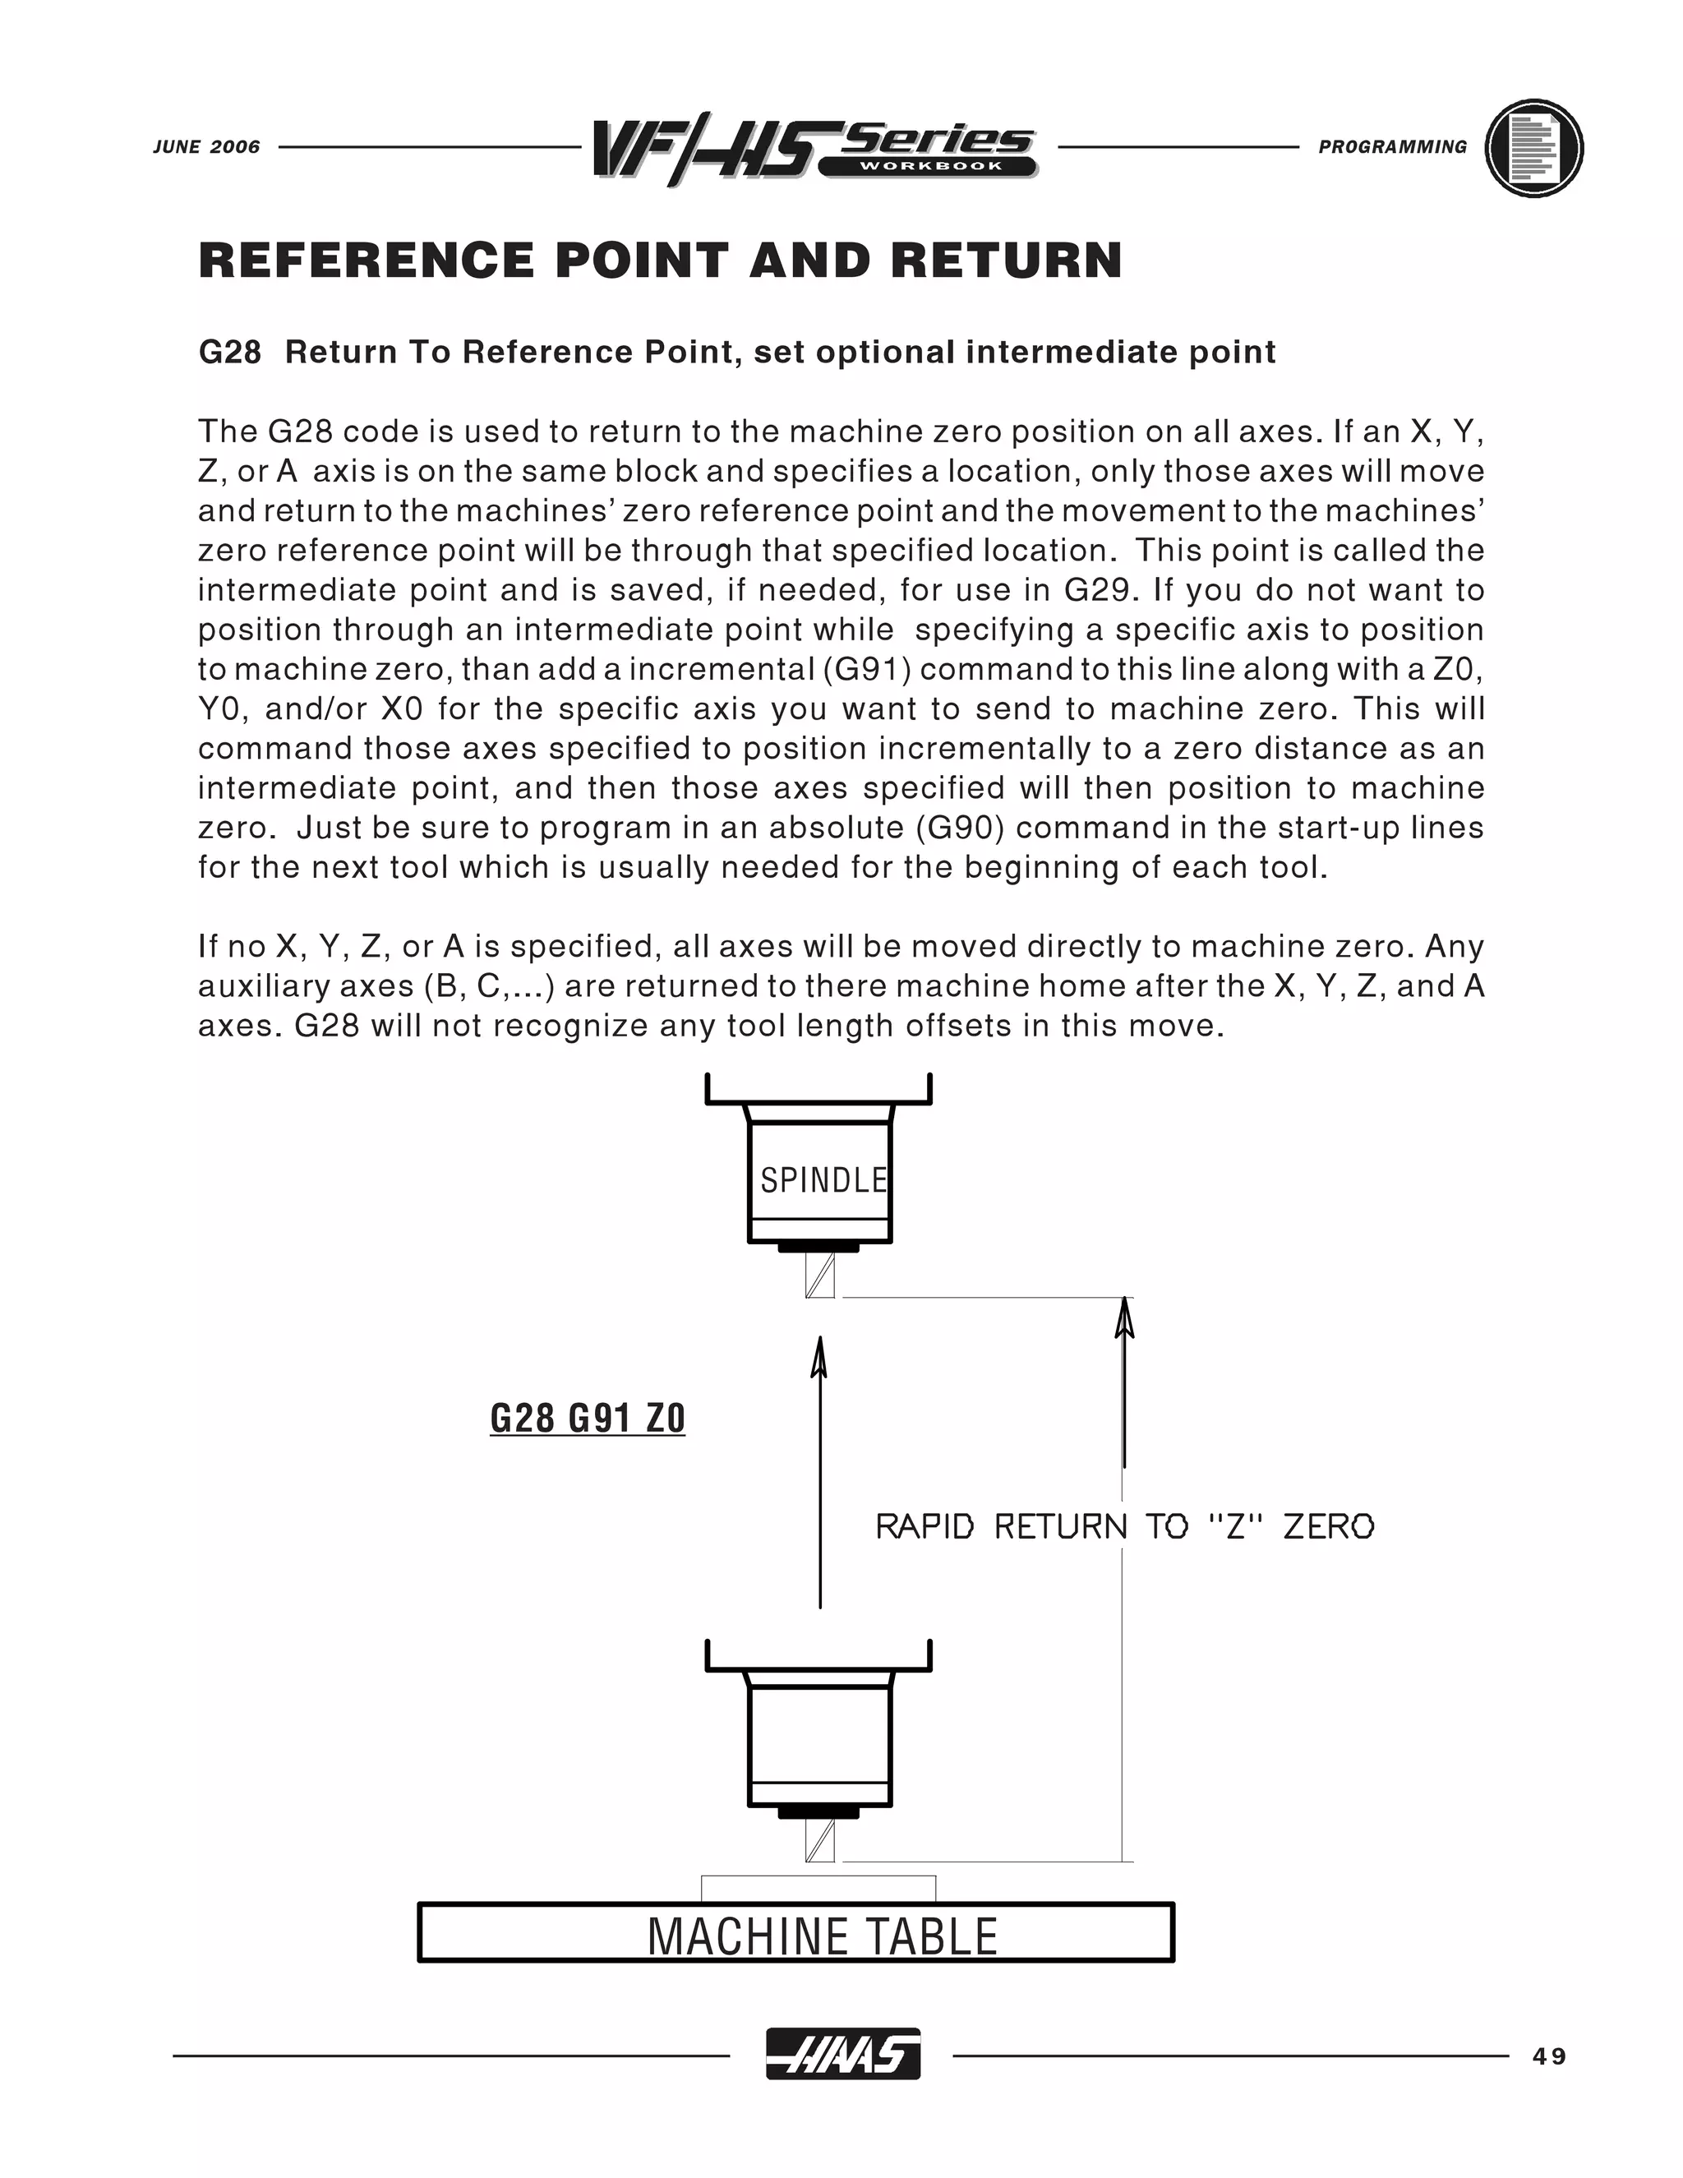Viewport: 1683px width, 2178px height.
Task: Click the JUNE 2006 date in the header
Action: click(206, 146)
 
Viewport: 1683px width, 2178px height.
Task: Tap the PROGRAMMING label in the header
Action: click(1392, 146)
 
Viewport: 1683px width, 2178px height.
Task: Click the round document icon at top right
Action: click(1533, 148)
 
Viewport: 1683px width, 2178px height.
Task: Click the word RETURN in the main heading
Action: click(1007, 261)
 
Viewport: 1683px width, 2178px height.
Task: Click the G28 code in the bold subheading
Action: click(230, 352)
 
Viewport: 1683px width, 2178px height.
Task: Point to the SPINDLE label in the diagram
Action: click(823, 1181)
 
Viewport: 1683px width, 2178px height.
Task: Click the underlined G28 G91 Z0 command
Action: click(588, 1417)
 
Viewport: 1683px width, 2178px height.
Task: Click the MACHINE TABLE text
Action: click(823, 1936)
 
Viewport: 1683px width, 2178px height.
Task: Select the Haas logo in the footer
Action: click(842, 2056)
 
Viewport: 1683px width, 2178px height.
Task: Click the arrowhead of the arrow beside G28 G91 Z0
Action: click(819, 1359)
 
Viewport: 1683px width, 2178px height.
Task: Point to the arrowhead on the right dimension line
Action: click(1125, 1317)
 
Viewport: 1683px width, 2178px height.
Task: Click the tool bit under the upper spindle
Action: click(819, 1276)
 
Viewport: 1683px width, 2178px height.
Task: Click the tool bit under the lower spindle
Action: click(819, 1841)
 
